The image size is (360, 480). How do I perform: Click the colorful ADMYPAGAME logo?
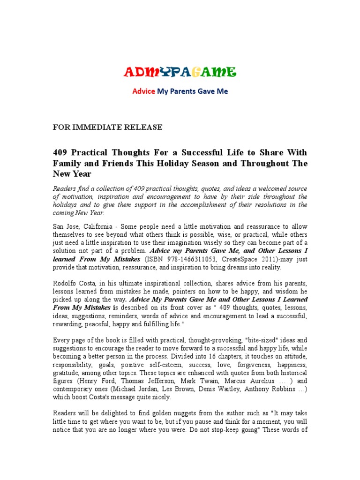180,72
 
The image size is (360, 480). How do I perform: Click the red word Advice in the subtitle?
143,91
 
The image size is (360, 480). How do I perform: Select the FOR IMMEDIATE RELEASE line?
107,127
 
